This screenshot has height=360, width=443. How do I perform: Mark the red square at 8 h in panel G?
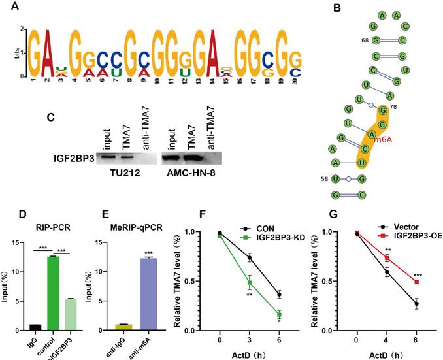(417, 282)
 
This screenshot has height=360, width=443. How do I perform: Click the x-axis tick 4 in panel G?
(387, 340)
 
